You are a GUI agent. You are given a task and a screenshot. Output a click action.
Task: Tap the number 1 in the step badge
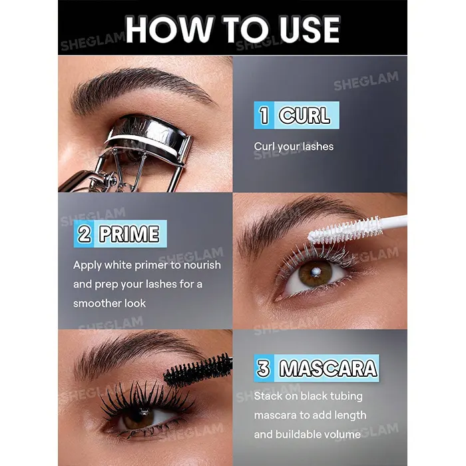pyautogui.click(x=264, y=115)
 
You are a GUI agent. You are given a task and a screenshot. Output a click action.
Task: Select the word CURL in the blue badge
pyautogui.click(x=305, y=115)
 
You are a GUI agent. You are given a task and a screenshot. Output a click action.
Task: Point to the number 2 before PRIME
pyautogui.click(x=85, y=234)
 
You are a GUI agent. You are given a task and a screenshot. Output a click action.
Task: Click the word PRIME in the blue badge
pyautogui.click(x=129, y=234)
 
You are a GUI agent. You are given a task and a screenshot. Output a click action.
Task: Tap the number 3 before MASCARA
pyautogui.click(x=264, y=368)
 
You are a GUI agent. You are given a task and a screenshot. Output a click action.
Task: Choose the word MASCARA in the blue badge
pyautogui.click(x=328, y=368)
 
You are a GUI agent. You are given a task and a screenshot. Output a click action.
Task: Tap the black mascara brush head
pyautogui.click(x=198, y=369)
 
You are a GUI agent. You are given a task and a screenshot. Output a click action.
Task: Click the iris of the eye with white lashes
pyautogui.click(x=316, y=273)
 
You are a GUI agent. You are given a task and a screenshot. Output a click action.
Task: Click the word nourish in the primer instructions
pyautogui.click(x=202, y=265)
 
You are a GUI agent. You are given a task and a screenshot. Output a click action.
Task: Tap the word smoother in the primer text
pyautogui.click(x=97, y=304)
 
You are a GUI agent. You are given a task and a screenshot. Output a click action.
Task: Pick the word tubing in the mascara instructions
pyautogui.click(x=346, y=397)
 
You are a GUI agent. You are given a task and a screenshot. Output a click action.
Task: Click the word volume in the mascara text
pyautogui.click(x=343, y=435)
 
